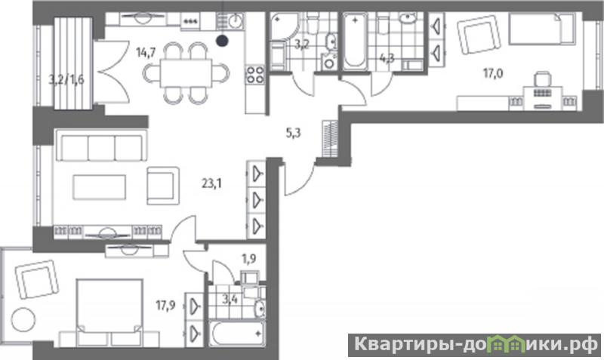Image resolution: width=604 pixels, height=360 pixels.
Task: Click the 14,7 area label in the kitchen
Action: pos(146,52)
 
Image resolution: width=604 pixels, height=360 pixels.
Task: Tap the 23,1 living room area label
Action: pos(212,183)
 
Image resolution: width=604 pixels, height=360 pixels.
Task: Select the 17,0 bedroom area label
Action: pos(493,73)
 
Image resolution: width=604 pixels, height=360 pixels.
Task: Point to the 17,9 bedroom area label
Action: pos(165,306)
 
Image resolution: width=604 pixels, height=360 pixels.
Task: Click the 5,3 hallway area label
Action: pos(294,134)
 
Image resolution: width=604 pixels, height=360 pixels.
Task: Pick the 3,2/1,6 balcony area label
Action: pos(66,80)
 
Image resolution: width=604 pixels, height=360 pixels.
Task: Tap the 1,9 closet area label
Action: pos(249,259)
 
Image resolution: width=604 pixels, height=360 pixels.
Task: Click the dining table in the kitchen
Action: pos(186,73)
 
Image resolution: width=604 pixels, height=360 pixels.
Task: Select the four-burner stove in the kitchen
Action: pos(255,75)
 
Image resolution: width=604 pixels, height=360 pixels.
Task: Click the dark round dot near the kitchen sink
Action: pos(221,41)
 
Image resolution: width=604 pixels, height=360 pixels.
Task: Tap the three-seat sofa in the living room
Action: pos(102,145)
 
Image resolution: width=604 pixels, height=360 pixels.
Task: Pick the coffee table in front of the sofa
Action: pos(100,187)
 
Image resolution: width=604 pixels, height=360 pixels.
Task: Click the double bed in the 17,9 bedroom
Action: pos(109,312)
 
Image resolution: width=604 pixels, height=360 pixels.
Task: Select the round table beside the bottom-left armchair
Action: pos(23,320)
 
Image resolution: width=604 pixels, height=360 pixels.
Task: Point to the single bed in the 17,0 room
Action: pos(542,29)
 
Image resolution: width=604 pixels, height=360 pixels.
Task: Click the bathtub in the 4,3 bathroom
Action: pos(355,42)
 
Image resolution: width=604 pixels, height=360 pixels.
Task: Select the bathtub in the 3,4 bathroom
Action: pos(237,334)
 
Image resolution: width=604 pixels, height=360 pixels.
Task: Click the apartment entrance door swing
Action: pos(300,180)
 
